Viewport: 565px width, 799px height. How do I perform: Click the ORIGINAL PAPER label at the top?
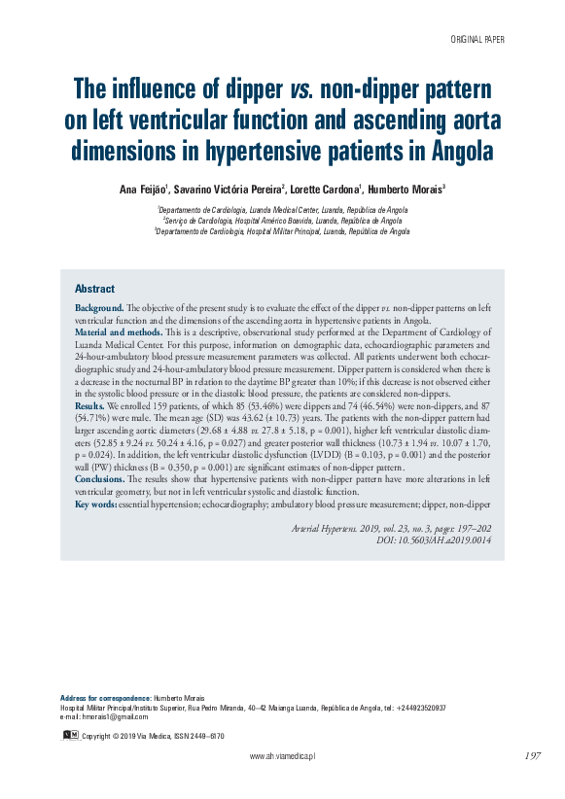pos(477,40)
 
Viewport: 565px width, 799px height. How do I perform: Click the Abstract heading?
pos(94,289)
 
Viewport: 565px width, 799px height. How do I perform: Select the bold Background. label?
pos(99,307)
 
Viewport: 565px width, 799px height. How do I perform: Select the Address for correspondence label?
pos(105,698)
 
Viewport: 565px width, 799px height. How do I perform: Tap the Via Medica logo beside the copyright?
pos(70,735)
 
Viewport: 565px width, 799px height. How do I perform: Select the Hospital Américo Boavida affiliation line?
pos(282,221)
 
